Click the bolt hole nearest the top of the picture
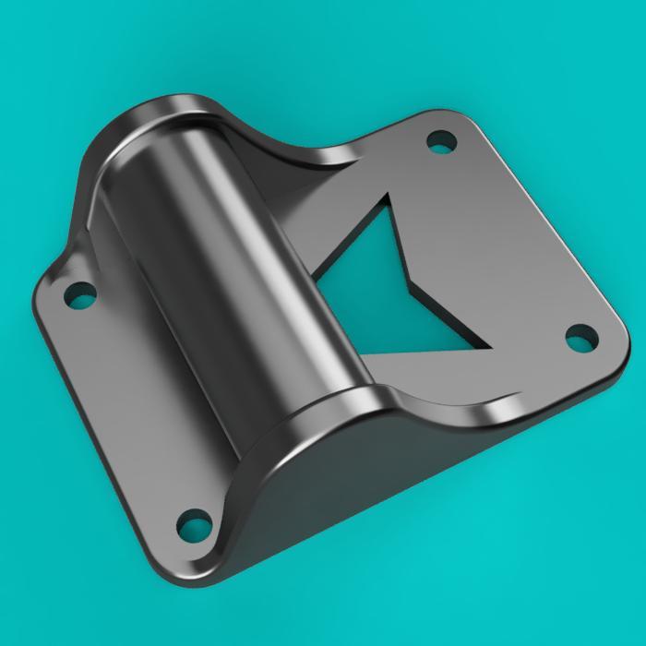coord(441,142)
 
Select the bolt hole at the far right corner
coord(579,339)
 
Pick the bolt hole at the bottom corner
coord(195,527)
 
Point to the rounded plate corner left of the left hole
coord(42,305)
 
